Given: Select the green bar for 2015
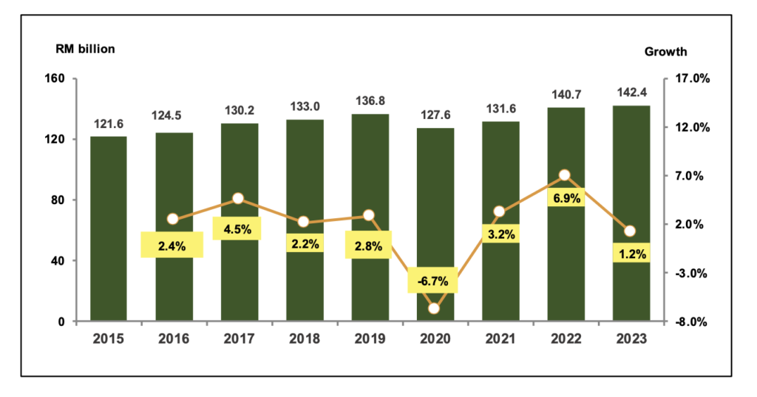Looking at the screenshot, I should [108, 229].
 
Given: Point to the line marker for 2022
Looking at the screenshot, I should [565, 175].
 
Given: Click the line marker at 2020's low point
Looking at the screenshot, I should [434, 308].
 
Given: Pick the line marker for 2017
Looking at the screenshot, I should [238, 198].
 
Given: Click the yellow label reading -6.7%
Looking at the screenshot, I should [434, 281].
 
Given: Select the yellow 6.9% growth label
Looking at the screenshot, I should [565, 197].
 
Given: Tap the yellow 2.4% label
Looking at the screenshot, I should [172, 244].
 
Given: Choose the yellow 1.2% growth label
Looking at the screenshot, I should [632, 254].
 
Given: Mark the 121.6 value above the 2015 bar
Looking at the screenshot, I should [108, 123].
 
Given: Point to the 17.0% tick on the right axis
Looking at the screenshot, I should [693, 78].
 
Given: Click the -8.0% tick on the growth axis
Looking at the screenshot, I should [693, 322].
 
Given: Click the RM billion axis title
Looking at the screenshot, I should [84, 50].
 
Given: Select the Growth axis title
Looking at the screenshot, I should [665, 51].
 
